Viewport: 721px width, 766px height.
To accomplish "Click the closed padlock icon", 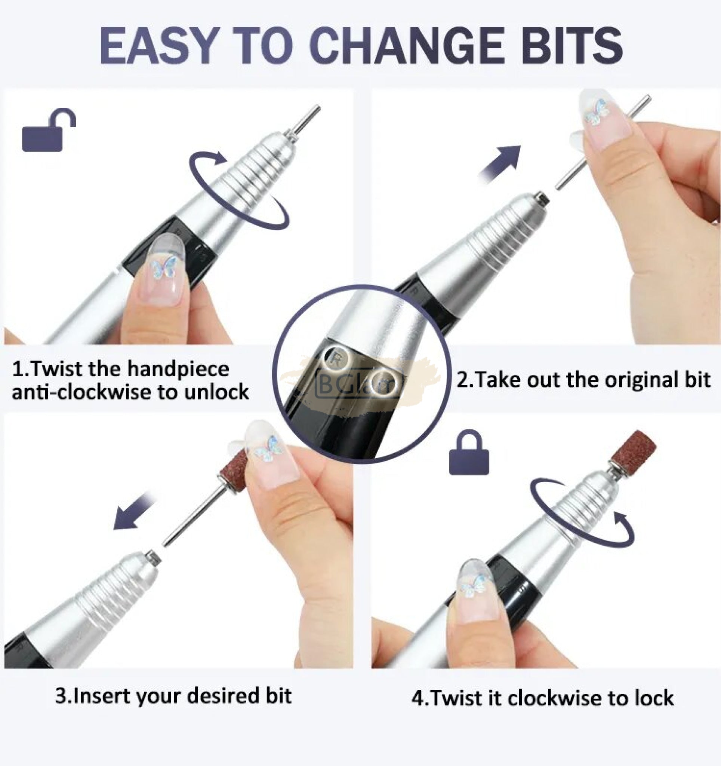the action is coord(469,453).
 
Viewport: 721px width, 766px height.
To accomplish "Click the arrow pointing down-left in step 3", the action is coord(135,512).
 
